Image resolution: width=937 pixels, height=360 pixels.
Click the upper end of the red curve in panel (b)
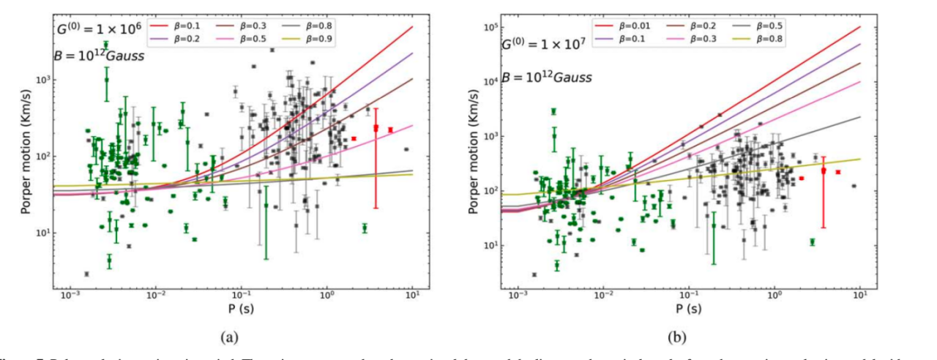[x=859, y=27]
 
